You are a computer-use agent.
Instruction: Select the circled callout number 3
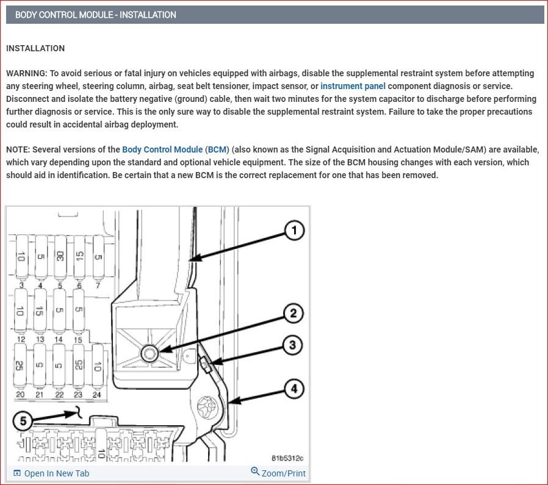pos(293,345)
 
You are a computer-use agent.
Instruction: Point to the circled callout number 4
pos(294,388)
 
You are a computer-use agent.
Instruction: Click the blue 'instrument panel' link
pos(353,86)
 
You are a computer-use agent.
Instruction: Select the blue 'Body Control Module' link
pos(162,149)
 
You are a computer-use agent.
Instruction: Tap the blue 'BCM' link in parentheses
pos(217,149)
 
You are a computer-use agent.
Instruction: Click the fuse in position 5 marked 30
pos(60,257)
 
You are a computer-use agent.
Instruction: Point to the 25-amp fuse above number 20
pos(20,365)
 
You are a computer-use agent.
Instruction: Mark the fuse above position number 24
pos(96,365)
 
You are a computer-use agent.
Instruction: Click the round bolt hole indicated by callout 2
pos(149,353)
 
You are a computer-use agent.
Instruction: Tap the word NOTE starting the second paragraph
pos(18,149)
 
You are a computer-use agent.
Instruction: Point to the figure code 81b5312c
pos(287,458)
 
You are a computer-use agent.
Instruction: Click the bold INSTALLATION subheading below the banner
pos(35,48)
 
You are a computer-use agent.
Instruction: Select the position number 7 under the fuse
pos(97,286)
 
